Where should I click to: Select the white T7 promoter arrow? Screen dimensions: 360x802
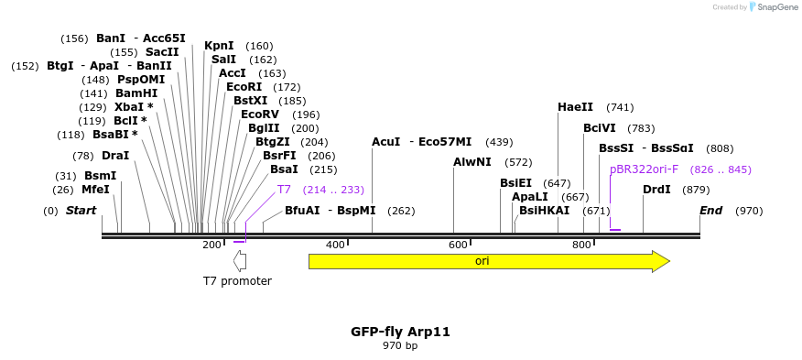240,261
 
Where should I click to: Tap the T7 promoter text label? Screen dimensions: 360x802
237,281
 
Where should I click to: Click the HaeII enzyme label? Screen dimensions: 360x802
575,107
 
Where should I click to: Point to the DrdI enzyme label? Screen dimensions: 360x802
656,190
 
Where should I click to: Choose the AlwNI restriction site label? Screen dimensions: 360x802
472,162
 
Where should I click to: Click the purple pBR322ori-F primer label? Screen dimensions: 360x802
645,169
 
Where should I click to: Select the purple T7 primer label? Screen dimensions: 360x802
284,190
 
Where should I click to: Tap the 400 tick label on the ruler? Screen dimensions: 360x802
335,245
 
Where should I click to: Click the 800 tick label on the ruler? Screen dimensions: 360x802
581,245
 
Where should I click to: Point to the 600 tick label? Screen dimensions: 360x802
458,245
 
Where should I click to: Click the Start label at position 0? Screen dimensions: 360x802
81,211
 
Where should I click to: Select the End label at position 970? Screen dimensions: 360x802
711,211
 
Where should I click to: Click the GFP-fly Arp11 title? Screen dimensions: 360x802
400,332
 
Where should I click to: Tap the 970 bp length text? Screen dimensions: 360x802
400,346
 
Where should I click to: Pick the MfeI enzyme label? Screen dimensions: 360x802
95,190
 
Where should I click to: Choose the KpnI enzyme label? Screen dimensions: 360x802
219,46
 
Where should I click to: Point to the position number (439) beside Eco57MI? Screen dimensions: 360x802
499,142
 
